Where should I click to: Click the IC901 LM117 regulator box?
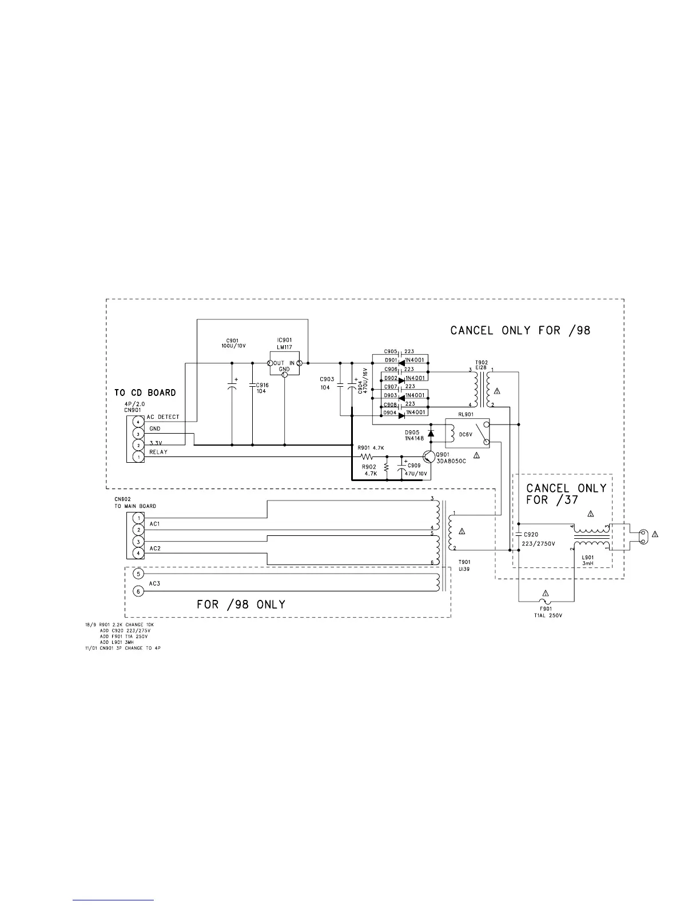point(284,363)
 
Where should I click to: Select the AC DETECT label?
point(163,417)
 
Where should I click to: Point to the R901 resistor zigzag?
point(367,457)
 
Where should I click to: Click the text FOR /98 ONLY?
point(241,604)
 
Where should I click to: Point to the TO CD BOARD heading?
point(145,393)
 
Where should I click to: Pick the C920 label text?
point(532,535)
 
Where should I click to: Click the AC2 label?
point(155,548)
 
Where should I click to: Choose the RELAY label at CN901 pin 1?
point(158,452)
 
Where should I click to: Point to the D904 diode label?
point(391,413)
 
